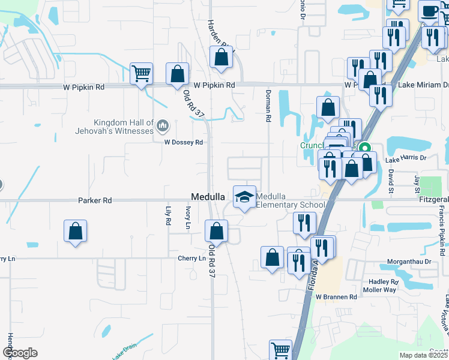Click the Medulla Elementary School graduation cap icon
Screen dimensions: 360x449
[x=244, y=197]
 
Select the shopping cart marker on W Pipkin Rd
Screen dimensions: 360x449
[x=142, y=74]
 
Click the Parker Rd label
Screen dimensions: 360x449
[x=95, y=200]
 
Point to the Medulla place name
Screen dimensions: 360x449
[x=208, y=197]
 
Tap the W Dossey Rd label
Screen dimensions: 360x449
[x=184, y=143]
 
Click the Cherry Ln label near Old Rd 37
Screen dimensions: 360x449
[x=191, y=259]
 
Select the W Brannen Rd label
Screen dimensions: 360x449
[x=336, y=297]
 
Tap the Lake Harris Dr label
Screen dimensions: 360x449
[x=405, y=159]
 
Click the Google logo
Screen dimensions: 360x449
[x=20, y=353]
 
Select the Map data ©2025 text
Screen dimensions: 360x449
[x=423, y=355]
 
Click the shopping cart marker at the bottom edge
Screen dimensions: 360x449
[x=280, y=350]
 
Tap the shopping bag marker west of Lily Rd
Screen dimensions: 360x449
[x=75, y=231]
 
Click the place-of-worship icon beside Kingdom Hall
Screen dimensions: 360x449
[x=163, y=126]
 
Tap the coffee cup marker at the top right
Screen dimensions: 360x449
[x=430, y=11]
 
